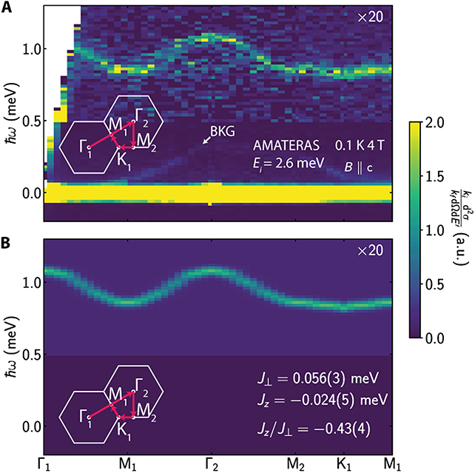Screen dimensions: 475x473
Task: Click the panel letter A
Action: (7, 7)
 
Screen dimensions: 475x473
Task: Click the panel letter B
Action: (6, 244)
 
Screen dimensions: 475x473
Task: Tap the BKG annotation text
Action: (223, 131)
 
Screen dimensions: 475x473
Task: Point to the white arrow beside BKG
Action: (207, 140)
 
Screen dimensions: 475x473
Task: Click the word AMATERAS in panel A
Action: (286, 145)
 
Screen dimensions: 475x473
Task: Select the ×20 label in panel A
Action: (370, 17)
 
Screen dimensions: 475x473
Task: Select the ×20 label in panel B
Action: (370, 250)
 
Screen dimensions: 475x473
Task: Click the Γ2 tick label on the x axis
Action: (212, 465)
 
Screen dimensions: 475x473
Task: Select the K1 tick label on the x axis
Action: (344, 465)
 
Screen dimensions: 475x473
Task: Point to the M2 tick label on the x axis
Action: (296, 465)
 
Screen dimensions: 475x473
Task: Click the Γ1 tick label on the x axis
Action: (44, 465)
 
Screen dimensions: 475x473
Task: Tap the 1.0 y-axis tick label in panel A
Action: (32, 49)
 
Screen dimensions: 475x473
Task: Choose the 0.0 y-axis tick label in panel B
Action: (32, 426)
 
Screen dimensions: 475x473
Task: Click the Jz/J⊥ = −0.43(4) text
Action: (314, 429)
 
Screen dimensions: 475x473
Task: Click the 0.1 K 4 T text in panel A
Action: (360, 145)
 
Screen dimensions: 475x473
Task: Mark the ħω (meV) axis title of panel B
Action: (12, 346)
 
